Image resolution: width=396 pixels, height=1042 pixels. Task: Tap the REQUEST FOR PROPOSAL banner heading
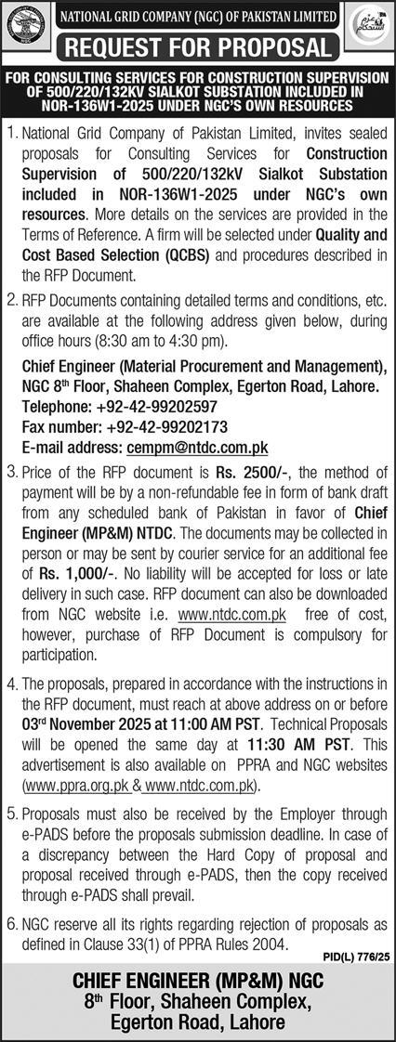pos(198,46)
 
